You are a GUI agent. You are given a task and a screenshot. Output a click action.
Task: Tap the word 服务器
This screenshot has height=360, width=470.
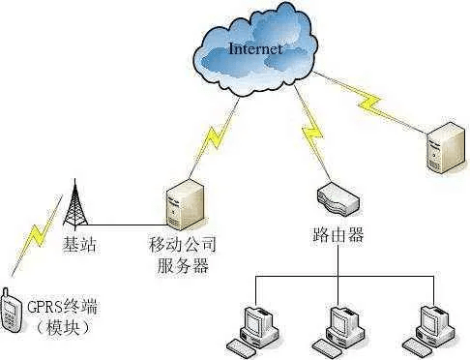[x=184, y=265]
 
